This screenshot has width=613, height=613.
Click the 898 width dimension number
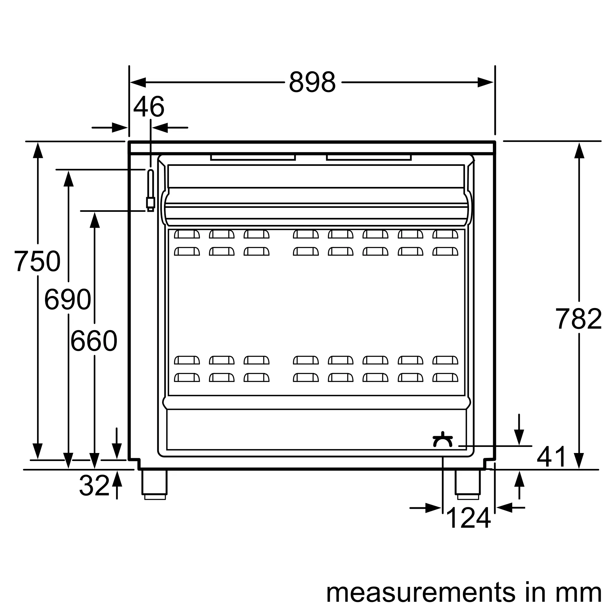pos(312,82)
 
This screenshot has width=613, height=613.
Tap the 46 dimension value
pos(149,107)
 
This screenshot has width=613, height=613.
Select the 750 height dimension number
pos(37,261)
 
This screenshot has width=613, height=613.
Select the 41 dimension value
pos(551,457)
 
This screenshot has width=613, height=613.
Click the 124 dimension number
pos(468,518)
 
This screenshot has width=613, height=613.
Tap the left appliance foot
pos(154,484)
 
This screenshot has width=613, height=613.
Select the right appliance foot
pos(468,484)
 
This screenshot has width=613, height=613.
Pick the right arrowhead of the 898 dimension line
pos(486,82)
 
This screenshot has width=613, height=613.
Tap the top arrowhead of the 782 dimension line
pos(579,150)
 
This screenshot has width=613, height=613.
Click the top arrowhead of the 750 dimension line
pos(38,150)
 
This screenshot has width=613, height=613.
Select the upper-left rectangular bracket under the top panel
pos(253,158)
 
